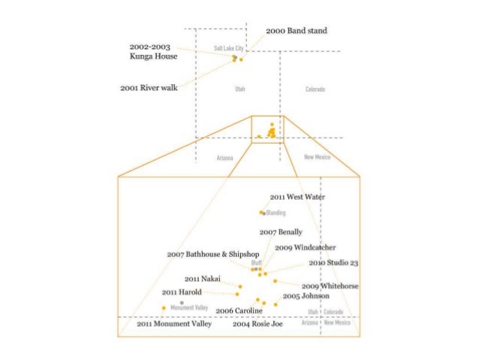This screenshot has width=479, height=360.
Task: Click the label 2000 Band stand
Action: [297, 31]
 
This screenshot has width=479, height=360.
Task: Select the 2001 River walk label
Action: [149, 88]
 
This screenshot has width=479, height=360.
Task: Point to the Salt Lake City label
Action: [226, 48]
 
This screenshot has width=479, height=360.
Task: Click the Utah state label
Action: [239, 89]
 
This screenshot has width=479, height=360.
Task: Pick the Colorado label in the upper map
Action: [315, 89]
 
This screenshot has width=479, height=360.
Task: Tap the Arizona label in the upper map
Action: [224, 158]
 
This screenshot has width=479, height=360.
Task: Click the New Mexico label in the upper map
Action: [317, 157]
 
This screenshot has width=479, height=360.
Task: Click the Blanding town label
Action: [276, 213]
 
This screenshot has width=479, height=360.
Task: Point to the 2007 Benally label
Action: [281, 233]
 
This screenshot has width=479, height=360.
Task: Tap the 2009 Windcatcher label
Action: [305, 247]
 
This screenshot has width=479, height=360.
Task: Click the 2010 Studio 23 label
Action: [333, 264]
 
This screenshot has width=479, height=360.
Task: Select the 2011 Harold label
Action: [181, 291]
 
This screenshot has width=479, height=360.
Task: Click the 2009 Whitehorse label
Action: [330, 286]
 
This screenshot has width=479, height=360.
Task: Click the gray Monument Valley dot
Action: [182, 302]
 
